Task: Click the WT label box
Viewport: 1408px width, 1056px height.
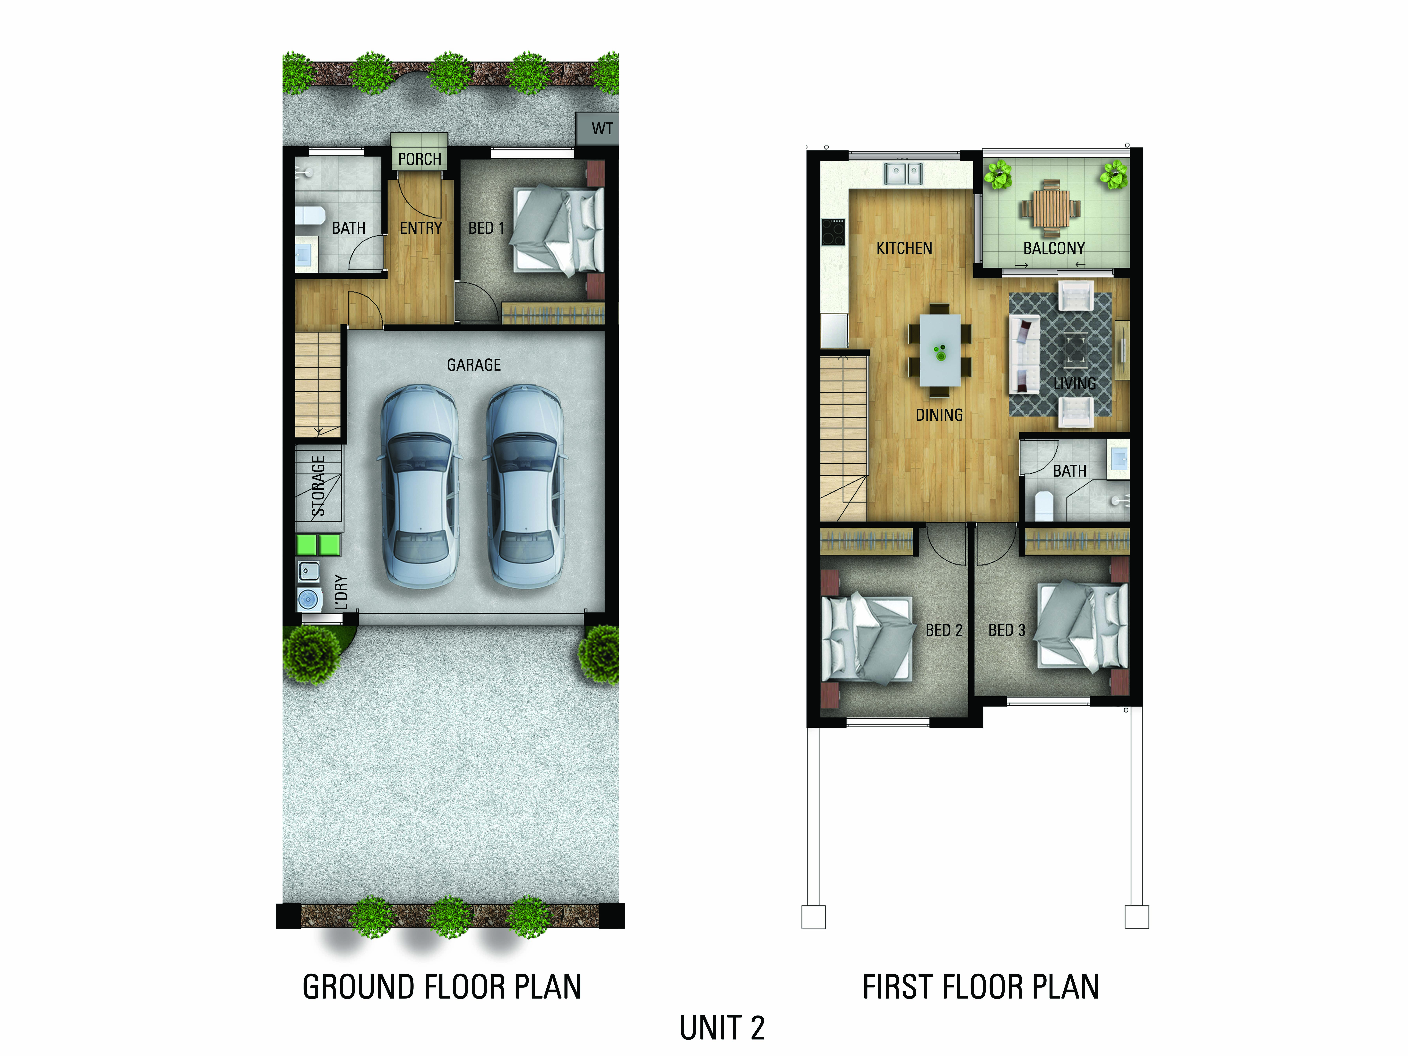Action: (x=597, y=129)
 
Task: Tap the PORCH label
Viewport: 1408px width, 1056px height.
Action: (x=419, y=159)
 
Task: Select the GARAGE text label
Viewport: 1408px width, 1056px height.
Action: (x=474, y=365)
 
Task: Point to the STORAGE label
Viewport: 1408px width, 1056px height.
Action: (x=318, y=486)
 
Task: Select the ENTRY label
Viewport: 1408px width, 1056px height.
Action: (x=421, y=228)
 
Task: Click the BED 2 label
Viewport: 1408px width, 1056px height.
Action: (x=944, y=630)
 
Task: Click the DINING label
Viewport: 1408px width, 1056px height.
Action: (x=939, y=415)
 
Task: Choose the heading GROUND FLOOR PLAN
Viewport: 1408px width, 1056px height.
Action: (x=442, y=987)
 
